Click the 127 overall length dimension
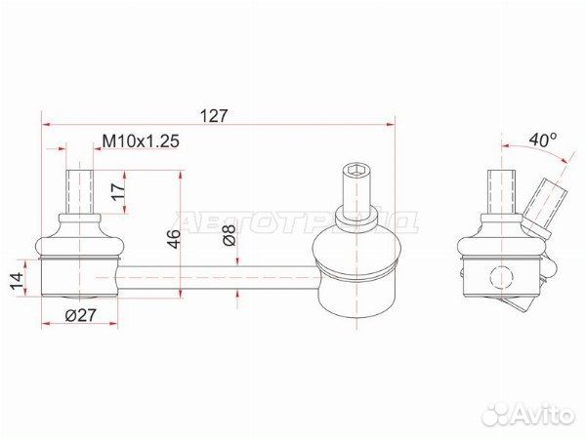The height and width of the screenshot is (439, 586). pos(214,116)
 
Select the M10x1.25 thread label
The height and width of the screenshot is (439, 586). pos(141,141)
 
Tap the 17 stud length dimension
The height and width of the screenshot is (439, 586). pos(119,192)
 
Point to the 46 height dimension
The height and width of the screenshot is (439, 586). pos(174,239)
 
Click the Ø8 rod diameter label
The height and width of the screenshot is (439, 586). pos(230,235)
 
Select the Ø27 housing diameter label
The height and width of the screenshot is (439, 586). pos(81,316)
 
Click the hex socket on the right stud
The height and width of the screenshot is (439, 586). pos(356,171)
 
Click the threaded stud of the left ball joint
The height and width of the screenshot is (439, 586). pos(79,191)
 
